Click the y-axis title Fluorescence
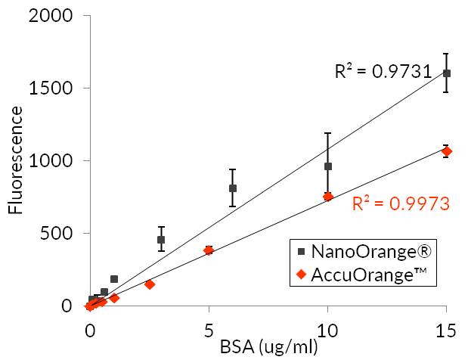15,160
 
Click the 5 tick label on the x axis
209,331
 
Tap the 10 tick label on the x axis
327,331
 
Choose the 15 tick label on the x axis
446,331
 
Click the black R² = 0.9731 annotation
383,72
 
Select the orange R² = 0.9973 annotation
401,203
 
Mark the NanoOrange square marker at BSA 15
447,73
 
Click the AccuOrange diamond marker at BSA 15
447,151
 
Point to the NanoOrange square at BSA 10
328,166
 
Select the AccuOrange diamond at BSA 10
328,197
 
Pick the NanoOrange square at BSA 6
233,188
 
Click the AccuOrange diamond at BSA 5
209,250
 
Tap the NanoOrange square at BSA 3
161,240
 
